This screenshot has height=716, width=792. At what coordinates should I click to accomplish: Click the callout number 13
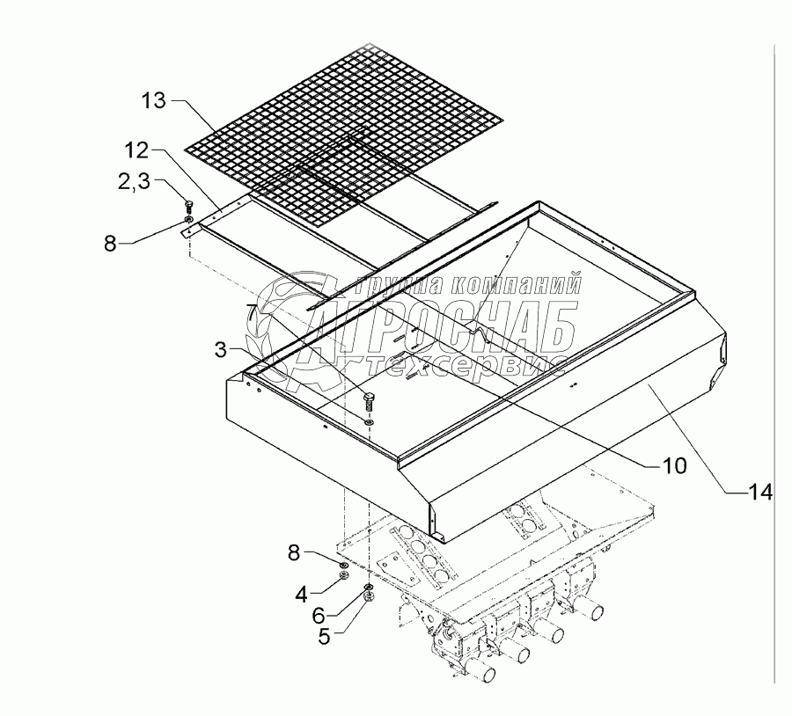(153, 101)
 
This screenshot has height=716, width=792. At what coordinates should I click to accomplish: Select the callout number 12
(137, 150)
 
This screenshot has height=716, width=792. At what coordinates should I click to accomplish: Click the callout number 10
(674, 465)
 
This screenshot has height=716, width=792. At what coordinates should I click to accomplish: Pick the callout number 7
(253, 311)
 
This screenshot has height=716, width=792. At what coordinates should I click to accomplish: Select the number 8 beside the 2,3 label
(110, 244)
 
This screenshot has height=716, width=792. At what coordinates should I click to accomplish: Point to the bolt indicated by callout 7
(369, 402)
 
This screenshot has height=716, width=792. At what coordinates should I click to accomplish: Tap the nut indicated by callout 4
(344, 577)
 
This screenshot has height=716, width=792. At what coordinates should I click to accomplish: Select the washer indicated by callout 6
(368, 587)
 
